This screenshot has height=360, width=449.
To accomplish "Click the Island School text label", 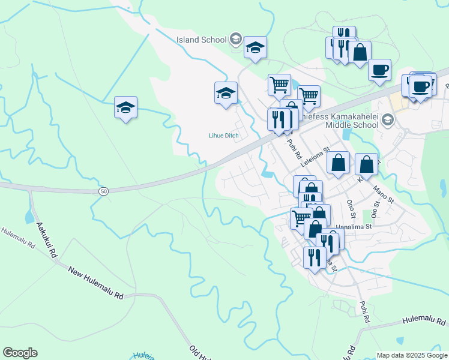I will click(x=202, y=40).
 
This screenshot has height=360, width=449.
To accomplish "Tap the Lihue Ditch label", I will click(x=224, y=136).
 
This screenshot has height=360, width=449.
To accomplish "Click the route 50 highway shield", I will click(x=104, y=191).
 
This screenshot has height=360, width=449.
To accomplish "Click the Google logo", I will click(x=20, y=353).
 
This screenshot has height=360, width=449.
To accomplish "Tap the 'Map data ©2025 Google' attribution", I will click(x=412, y=355).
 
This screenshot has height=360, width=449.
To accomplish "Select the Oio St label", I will click(x=373, y=211).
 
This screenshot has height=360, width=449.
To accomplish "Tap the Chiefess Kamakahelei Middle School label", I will click(x=351, y=120).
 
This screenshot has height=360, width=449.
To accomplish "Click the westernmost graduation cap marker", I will click(x=126, y=108).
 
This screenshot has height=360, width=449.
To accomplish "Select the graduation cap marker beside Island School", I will click(x=255, y=47).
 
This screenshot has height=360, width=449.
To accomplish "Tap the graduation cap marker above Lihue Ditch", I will click(x=226, y=94).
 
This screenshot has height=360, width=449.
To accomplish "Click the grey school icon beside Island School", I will click(x=236, y=40).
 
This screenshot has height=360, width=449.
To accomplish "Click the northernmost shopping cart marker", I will click(x=279, y=85).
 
